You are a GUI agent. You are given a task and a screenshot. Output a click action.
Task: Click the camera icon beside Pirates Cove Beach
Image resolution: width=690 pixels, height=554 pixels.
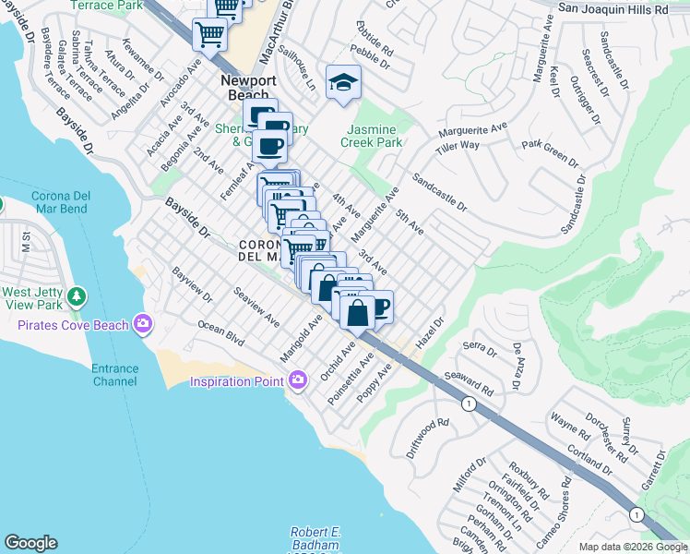[143, 323]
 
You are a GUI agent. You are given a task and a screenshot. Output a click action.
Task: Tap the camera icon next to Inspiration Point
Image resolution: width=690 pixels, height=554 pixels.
[297, 379]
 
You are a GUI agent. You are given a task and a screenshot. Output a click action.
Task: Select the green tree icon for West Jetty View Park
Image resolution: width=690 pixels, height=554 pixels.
[77, 296]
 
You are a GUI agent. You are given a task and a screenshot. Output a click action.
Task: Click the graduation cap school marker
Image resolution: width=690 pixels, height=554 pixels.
[343, 83]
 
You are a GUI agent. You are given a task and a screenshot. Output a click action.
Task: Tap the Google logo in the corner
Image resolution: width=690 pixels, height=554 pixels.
[30, 543]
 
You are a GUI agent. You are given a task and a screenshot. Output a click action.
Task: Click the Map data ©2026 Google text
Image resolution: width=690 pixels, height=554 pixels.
[633, 547]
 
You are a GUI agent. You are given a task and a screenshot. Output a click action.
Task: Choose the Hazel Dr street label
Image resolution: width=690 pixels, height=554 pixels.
[430, 334]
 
